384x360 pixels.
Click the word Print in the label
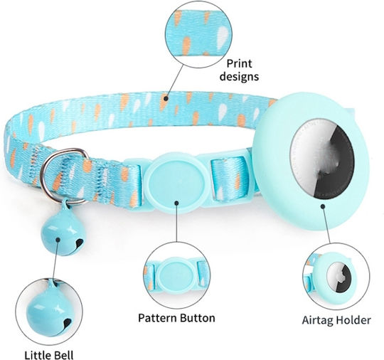tap(239, 64)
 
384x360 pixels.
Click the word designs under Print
tap(239, 76)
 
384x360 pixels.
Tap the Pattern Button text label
tap(176, 318)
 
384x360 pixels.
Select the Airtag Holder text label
tap(336, 320)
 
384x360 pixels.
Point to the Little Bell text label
tap(49, 355)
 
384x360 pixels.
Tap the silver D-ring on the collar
tap(63, 176)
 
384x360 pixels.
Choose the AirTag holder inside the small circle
tap(336, 277)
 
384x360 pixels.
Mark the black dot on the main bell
tap(58, 240)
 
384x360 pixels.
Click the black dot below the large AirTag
tap(323, 206)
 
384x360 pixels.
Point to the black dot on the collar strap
tap(166, 98)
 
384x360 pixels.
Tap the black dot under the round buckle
tap(176, 203)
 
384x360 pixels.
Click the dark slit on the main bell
tap(79, 243)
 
